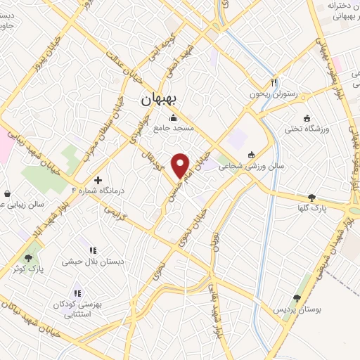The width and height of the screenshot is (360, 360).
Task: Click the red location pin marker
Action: (181, 165)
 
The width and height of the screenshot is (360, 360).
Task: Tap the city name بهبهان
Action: (160, 100)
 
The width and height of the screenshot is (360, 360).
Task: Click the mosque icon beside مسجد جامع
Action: (173, 117)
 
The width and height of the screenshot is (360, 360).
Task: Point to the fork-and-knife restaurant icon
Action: (274, 81)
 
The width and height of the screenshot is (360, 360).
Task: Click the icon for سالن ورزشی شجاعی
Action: (251, 155)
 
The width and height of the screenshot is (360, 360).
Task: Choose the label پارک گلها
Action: (314, 210)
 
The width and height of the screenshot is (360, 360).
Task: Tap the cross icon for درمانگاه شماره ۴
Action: (98, 179)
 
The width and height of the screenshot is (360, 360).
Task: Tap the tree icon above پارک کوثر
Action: (29, 257)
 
